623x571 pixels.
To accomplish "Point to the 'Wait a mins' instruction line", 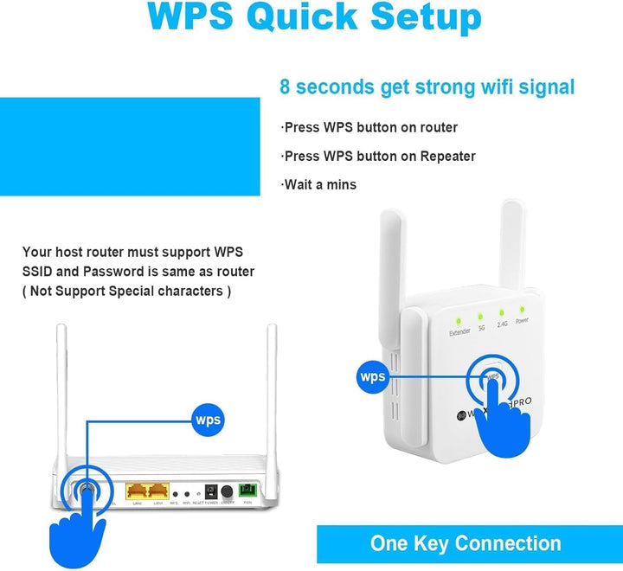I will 319,184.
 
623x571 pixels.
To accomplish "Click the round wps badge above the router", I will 209,420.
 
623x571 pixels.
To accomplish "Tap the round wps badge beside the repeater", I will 373,377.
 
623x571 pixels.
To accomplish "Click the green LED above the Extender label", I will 459,318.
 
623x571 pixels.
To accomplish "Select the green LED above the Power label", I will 522,308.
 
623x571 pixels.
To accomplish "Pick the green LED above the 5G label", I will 481,314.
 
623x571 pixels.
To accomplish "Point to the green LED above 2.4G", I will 502,311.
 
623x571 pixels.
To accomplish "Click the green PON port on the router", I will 248,491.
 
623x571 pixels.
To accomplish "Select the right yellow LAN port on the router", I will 158,491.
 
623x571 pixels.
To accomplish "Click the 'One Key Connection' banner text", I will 466,544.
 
